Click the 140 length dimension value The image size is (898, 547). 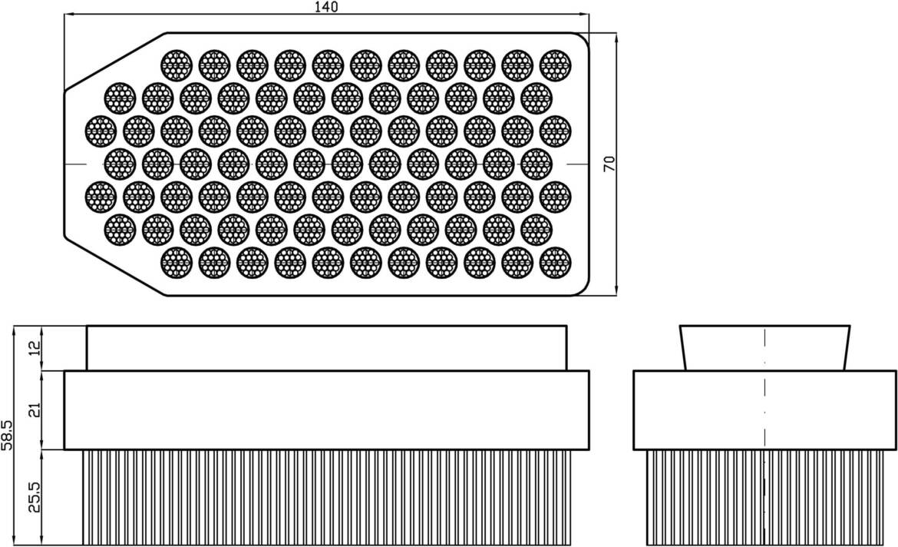(x=326, y=7)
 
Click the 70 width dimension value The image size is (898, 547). (x=609, y=163)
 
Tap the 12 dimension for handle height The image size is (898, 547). (x=31, y=348)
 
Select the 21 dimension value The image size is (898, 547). (x=31, y=409)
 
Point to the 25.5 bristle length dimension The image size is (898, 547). (x=31, y=497)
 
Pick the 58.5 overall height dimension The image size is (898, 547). (x=8, y=435)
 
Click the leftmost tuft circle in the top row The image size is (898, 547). (x=176, y=65)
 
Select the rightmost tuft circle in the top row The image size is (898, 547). (x=555, y=65)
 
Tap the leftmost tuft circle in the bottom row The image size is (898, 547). (x=176, y=263)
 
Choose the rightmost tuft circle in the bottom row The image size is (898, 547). (x=555, y=263)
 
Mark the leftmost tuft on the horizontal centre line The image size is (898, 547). (x=119, y=164)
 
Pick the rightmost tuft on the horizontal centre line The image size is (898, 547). (x=536, y=164)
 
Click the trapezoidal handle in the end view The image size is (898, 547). (x=764, y=347)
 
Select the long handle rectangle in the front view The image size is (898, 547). (x=326, y=347)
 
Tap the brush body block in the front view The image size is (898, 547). (x=326, y=409)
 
